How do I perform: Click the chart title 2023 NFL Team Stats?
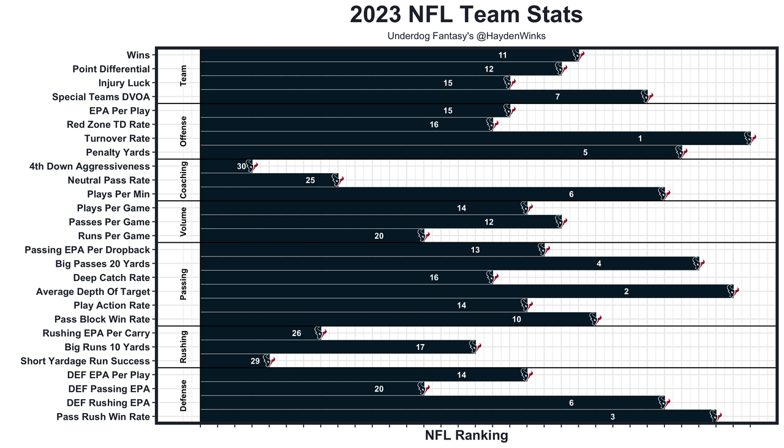tap(466, 15)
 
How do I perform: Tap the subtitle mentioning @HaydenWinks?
tap(466, 36)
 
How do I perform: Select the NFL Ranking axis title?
tap(466, 435)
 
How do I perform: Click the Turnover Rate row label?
tap(117, 138)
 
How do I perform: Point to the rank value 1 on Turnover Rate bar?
tap(639, 138)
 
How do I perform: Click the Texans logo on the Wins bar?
tap(578, 55)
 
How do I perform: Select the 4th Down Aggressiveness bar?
tap(224, 166)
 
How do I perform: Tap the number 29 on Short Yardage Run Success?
tap(255, 361)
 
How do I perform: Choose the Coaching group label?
tap(184, 180)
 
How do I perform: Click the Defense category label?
tap(184, 395)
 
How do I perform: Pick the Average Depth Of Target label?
tap(93, 291)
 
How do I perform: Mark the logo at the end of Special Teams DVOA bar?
tap(646, 97)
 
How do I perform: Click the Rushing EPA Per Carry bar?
tap(257, 333)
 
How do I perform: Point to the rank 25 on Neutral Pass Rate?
tap(311, 180)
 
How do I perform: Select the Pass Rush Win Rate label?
tap(103, 417)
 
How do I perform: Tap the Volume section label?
tap(184, 222)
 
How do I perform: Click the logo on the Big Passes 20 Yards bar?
tap(698, 264)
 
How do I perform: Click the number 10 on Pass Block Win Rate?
tap(516, 319)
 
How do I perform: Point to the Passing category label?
tap(184, 284)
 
